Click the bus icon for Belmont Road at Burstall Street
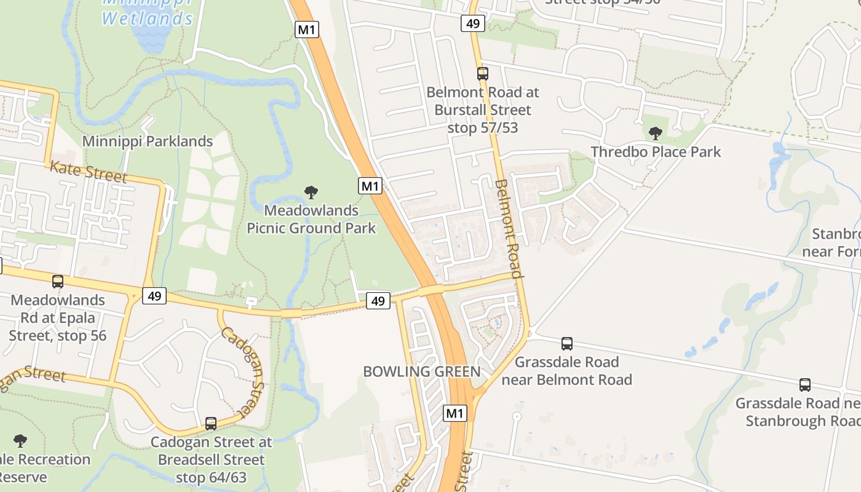click(x=483, y=74)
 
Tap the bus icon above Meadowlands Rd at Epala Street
click(x=58, y=282)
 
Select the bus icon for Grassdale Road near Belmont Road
click(x=567, y=344)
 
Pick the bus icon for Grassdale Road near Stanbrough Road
click(x=805, y=385)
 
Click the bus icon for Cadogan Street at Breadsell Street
click(x=211, y=424)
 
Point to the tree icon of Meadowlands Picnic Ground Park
click(x=311, y=192)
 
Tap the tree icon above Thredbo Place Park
click(x=656, y=133)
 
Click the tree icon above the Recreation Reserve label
click(x=20, y=441)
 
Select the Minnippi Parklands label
click(x=148, y=141)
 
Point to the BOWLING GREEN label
click(x=422, y=371)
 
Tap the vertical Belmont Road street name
click(x=509, y=229)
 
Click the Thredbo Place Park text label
click(x=656, y=152)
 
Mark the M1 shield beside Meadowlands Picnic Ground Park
click(x=370, y=186)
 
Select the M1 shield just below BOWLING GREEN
click(x=454, y=413)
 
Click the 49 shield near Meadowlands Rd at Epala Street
click(x=154, y=296)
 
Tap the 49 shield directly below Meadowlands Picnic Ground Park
click(x=378, y=301)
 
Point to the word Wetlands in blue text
click(x=148, y=18)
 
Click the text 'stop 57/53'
click(x=483, y=128)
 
